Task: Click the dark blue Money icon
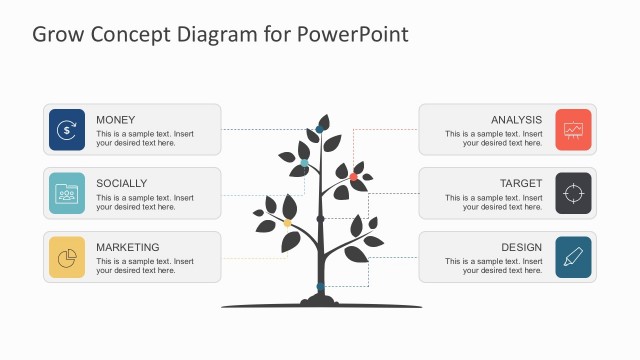[66, 129]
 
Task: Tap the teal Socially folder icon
[66, 193]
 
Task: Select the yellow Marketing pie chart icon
[66, 257]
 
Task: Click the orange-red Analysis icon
[573, 129]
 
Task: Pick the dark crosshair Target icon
[573, 193]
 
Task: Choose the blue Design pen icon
[573, 257]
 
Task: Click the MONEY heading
[115, 120]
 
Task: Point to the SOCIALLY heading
[121, 183]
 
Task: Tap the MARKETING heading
[127, 247]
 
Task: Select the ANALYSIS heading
[516, 120]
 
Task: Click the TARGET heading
[521, 183]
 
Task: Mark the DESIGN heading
[522, 247]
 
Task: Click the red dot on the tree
[353, 177]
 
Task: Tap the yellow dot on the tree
[288, 223]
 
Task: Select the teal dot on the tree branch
[304, 162]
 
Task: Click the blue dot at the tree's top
[320, 128]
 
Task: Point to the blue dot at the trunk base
[320, 287]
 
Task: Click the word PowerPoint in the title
[352, 34]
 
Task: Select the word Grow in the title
[57, 34]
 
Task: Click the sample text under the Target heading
[493, 203]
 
